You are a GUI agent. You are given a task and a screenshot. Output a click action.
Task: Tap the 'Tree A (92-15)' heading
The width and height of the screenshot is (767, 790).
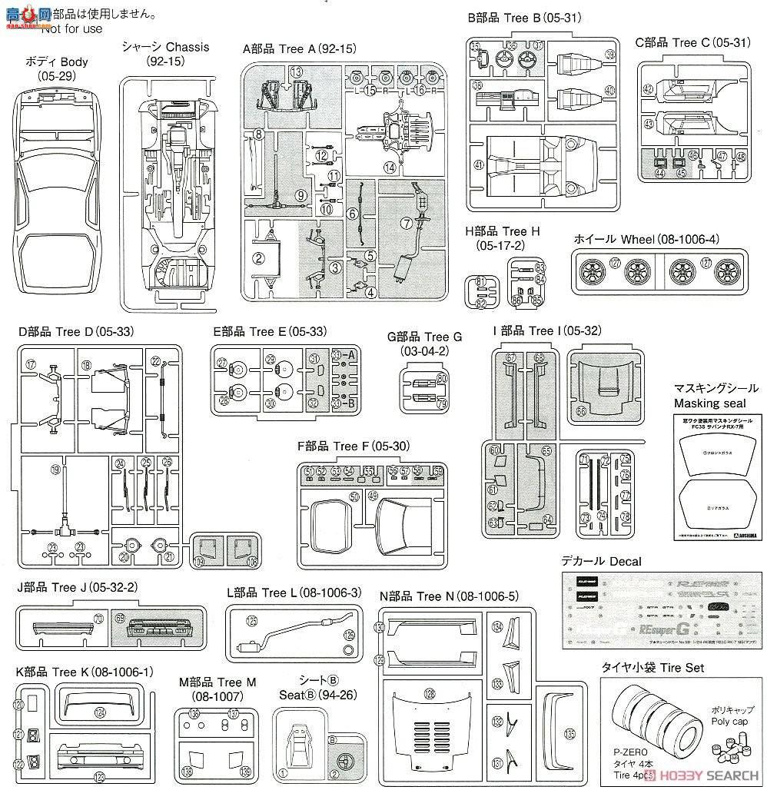[x=299, y=48]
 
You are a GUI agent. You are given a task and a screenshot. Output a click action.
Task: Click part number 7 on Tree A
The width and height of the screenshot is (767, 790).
[x=405, y=223]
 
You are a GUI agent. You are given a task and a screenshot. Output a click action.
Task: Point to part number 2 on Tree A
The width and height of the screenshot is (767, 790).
[x=259, y=257]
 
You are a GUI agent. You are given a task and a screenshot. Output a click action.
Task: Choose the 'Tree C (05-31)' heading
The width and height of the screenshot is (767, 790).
[x=692, y=43]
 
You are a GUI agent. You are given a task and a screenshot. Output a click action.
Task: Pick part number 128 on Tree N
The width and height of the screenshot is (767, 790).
[x=428, y=693]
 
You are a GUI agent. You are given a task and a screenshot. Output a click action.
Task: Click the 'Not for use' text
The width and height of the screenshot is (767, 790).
[x=71, y=29]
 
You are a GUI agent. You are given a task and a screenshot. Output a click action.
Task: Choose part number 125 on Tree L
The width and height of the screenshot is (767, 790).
[x=251, y=621]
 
